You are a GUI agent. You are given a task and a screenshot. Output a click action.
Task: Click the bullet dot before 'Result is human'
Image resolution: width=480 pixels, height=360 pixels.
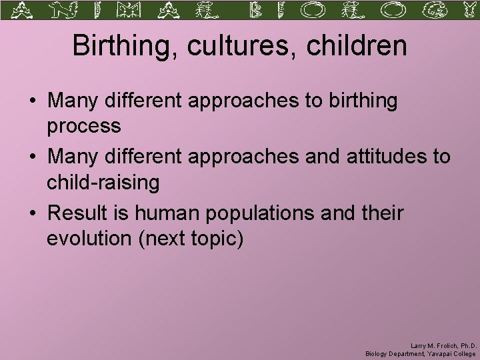[x=33, y=214]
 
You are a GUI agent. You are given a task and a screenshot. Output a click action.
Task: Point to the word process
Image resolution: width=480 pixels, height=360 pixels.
[x=83, y=126]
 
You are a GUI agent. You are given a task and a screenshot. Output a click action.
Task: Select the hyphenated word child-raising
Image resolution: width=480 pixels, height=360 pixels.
[x=103, y=182]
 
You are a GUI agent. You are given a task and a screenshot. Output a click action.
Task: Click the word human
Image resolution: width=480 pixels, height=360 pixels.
[x=168, y=213]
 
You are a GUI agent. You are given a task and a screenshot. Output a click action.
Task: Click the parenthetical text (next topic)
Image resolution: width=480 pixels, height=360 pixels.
[x=191, y=239]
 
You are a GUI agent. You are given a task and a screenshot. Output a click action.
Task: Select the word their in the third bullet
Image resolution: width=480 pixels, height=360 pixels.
[x=383, y=213]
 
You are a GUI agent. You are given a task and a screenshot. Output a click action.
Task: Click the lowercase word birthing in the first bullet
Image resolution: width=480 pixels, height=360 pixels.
[x=360, y=101]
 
